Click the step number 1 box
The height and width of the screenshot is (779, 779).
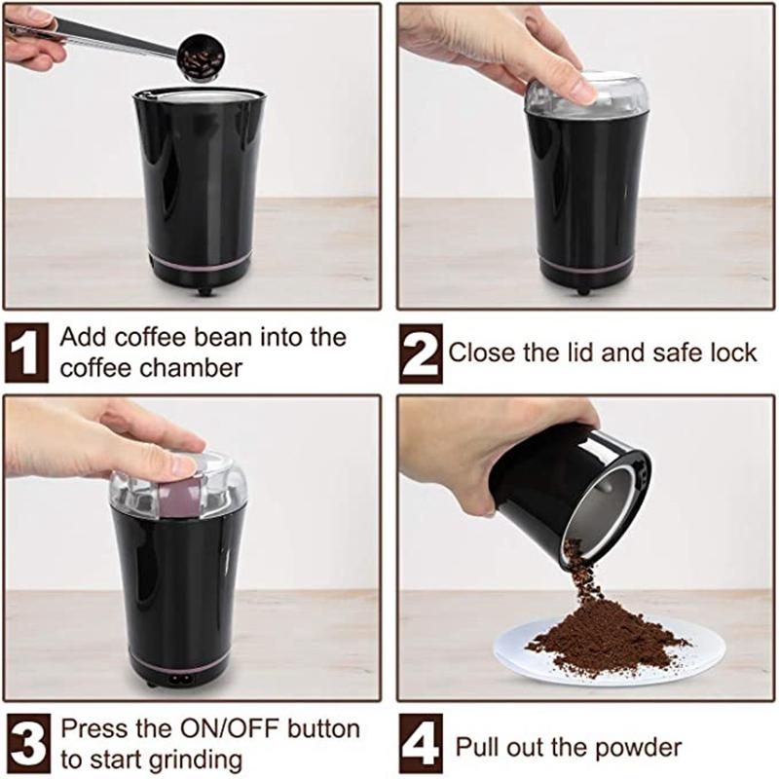pyautogui.click(x=26, y=352)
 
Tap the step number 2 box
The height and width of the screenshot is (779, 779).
pyautogui.click(x=421, y=353)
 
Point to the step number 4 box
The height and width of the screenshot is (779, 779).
pyautogui.click(x=421, y=743)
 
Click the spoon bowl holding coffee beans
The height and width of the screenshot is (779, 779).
pyautogui.click(x=202, y=57)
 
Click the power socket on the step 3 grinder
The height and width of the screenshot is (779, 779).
pyautogui.click(x=179, y=678)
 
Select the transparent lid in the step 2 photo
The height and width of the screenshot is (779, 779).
pyautogui.click(x=586, y=95)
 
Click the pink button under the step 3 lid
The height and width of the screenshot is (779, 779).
pyautogui.click(x=179, y=497)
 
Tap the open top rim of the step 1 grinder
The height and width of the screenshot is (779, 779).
pyautogui.click(x=200, y=93)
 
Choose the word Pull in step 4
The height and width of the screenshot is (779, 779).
pyautogui.click(x=476, y=747)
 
